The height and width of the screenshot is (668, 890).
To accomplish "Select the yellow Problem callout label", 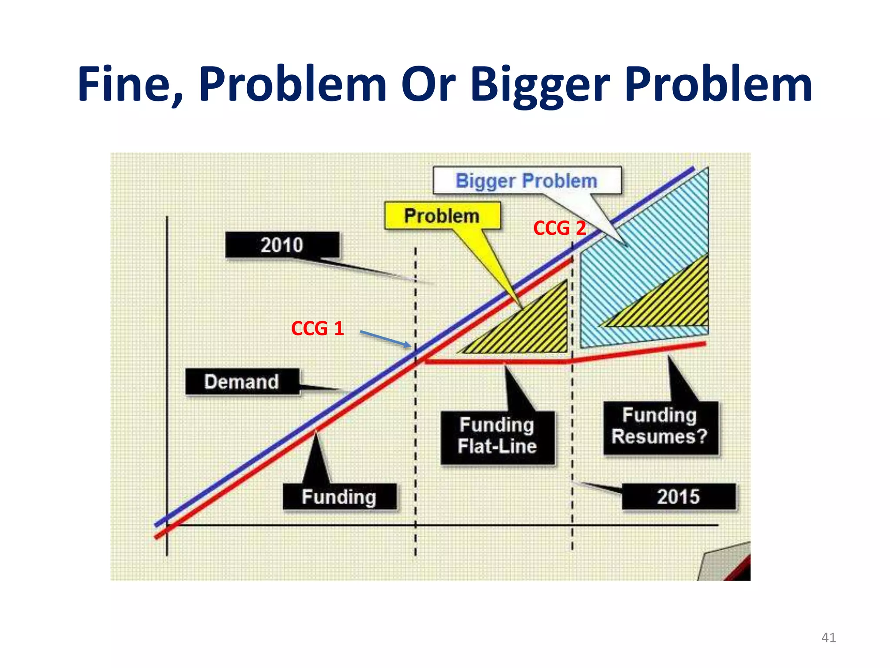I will (442, 216).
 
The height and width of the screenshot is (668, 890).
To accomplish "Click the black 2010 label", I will (282, 245).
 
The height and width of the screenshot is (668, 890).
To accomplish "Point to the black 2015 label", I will (678, 496).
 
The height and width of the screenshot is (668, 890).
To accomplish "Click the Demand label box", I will (242, 382).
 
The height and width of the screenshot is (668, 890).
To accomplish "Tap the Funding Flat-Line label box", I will (498, 437).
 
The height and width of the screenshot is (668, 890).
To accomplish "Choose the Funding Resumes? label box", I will (660, 427).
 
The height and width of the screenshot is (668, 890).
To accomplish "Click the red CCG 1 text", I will (317, 328).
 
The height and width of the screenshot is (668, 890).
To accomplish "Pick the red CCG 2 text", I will (559, 228).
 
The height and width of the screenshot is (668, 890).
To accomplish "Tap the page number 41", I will (828, 638).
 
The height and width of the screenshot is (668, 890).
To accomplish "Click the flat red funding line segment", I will (495, 361).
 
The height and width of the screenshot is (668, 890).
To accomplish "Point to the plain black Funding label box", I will (339, 497).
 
